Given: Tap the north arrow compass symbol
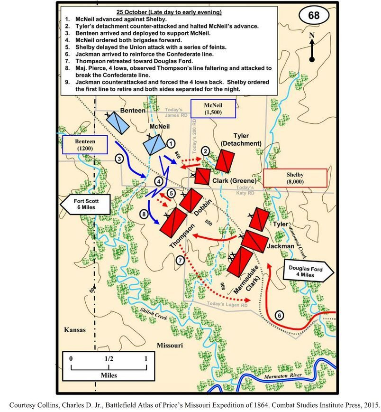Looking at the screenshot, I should [312, 47].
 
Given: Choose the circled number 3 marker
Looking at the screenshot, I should [120, 159].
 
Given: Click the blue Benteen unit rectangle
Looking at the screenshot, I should [117, 123].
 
